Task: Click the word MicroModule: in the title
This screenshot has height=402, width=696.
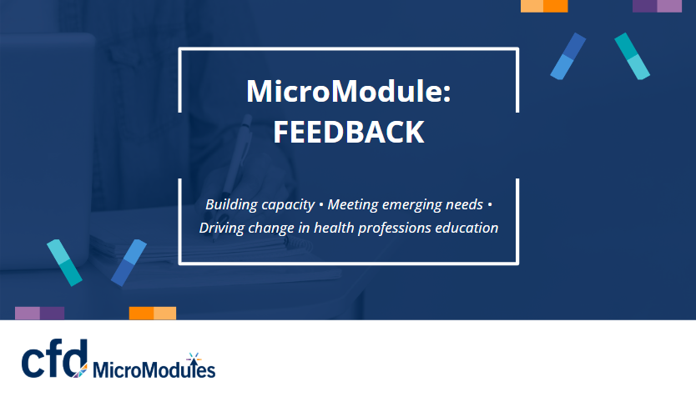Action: pyautogui.click(x=349, y=91)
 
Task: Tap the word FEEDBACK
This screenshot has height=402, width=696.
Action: pyautogui.click(x=349, y=132)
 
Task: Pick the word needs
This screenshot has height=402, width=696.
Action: pyautogui.click(x=464, y=204)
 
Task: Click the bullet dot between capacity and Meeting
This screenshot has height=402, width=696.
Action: pyautogui.click(x=321, y=205)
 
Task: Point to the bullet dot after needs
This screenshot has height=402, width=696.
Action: pyautogui.click(x=490, y=205)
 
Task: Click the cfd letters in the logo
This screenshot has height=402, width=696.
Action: pyautogui.click(x=54, y=359)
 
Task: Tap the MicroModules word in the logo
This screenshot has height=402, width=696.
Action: pyautogui.click(x=154, y=369)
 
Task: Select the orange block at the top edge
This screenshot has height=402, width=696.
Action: pyautogui.click(x=544, y=6)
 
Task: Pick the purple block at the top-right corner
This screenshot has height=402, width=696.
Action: pyautogui.click(x=657, y=6)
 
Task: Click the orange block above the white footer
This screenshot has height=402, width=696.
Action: pyautogui.click(x=153, y=313)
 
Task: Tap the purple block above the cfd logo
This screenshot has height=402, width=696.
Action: pyautogui.click(x=40, y=313)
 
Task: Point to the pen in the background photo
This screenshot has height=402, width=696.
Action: pyautogui.click(x=234, y=168)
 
